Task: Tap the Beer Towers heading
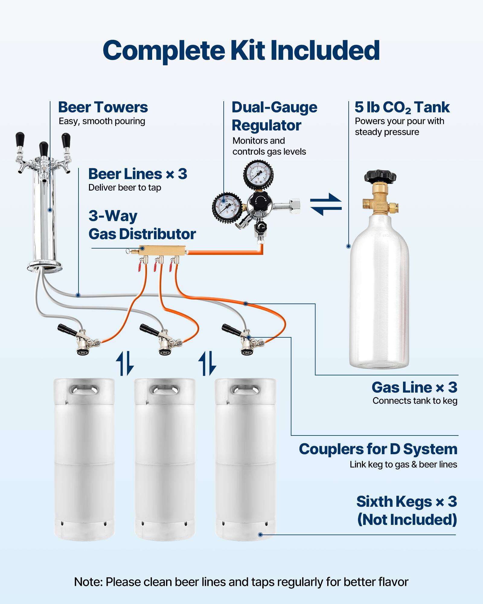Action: pyautogui.click(x=103, y=108)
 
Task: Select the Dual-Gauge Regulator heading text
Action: pyautogui.click(x=274, y=116)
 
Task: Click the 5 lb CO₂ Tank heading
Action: pyautogui.click(x=402, y=108)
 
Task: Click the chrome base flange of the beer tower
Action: pyautogui.click(x=44, y=267)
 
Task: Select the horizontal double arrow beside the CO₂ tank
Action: pyautogui.click(x=326, y=204)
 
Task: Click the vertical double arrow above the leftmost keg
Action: pyautogui.click(x=125, y=363)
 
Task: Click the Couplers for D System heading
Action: pyautogui.click(x=378, y=449)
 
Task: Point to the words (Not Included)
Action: pyautogui.click(x=407, y=520)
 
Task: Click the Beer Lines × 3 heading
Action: pyautogui.click(x=138, y=174)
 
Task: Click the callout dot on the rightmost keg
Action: pyautogui.click(x=260, y=535)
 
